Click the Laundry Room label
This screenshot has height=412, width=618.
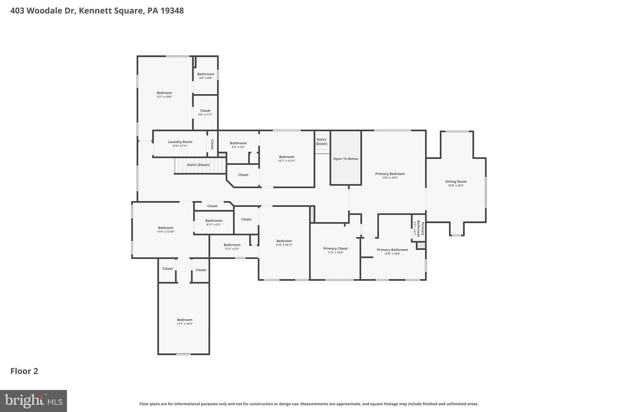coord(180,142)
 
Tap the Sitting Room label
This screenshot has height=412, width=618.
coord(456,182)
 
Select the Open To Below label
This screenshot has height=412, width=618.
coord(346,159)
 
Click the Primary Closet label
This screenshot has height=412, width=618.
coord(336,249)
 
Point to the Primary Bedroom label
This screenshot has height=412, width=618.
coord(390,174)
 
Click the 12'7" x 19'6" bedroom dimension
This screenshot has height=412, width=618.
coord(164,97)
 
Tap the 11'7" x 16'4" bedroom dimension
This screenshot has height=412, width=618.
coord(185,324)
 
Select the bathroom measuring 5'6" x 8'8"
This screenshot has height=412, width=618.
coord(205,76)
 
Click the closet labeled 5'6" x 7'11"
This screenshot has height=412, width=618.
coord(205,112)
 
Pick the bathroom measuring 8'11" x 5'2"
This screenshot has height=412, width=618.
coord(214,222)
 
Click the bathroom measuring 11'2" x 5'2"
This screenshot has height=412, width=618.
coord(232,247)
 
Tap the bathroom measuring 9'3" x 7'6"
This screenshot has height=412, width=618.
coord(238,145)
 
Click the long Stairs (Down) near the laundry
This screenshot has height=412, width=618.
coord(198,165)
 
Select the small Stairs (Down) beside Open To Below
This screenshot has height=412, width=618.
coord(321,142)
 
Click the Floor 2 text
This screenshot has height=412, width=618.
coord(24,371)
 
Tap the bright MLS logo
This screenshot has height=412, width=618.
coord(33,401)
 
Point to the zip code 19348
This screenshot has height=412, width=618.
coord(172,11)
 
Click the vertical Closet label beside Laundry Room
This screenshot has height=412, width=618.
coord(212,144)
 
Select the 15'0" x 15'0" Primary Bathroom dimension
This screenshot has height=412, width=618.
coord(392,254)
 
